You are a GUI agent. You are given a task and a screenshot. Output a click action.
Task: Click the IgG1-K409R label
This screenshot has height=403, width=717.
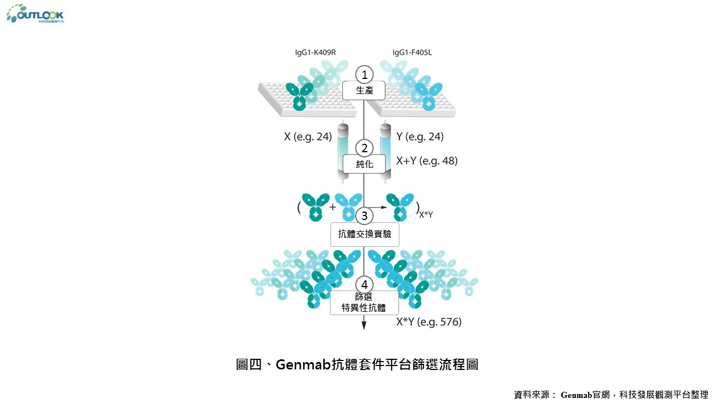[315, 53]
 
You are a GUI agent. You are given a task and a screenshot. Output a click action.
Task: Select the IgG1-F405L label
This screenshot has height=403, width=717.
[412, 53]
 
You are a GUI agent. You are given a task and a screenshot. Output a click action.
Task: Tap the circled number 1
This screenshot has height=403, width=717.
[365, 74]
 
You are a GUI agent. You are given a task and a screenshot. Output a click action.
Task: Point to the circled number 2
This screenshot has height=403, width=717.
[365, 148]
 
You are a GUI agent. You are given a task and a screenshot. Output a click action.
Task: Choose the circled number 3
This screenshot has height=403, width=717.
[365, 215]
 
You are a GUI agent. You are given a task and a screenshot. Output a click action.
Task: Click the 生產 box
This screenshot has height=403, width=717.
[365, 91]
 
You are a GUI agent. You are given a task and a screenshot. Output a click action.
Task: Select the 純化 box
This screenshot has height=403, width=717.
[365, 165]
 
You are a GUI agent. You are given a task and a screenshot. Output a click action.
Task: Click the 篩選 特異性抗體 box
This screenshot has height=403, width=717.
[365, 302]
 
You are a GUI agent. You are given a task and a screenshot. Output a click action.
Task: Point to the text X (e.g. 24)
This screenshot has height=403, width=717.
[308, 137]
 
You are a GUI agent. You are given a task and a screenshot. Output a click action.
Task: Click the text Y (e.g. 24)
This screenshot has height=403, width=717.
[420, 137]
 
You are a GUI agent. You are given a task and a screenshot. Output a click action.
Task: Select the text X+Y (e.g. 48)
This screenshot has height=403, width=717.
[427, 161]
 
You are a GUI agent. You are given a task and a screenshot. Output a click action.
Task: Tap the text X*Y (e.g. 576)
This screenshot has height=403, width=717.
[429, 322]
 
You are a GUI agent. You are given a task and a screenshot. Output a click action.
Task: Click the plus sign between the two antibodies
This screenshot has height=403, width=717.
[333, 207]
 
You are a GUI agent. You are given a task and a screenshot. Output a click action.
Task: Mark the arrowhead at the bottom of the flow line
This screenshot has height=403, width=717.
[365, 324]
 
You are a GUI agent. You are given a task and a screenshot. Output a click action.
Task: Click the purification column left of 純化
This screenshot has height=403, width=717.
[343, 151]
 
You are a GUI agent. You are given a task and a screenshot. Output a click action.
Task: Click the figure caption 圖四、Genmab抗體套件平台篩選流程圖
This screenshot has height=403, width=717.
[357, 365]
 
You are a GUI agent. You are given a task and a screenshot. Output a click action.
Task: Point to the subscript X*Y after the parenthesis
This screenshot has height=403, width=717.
[426, 214]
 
